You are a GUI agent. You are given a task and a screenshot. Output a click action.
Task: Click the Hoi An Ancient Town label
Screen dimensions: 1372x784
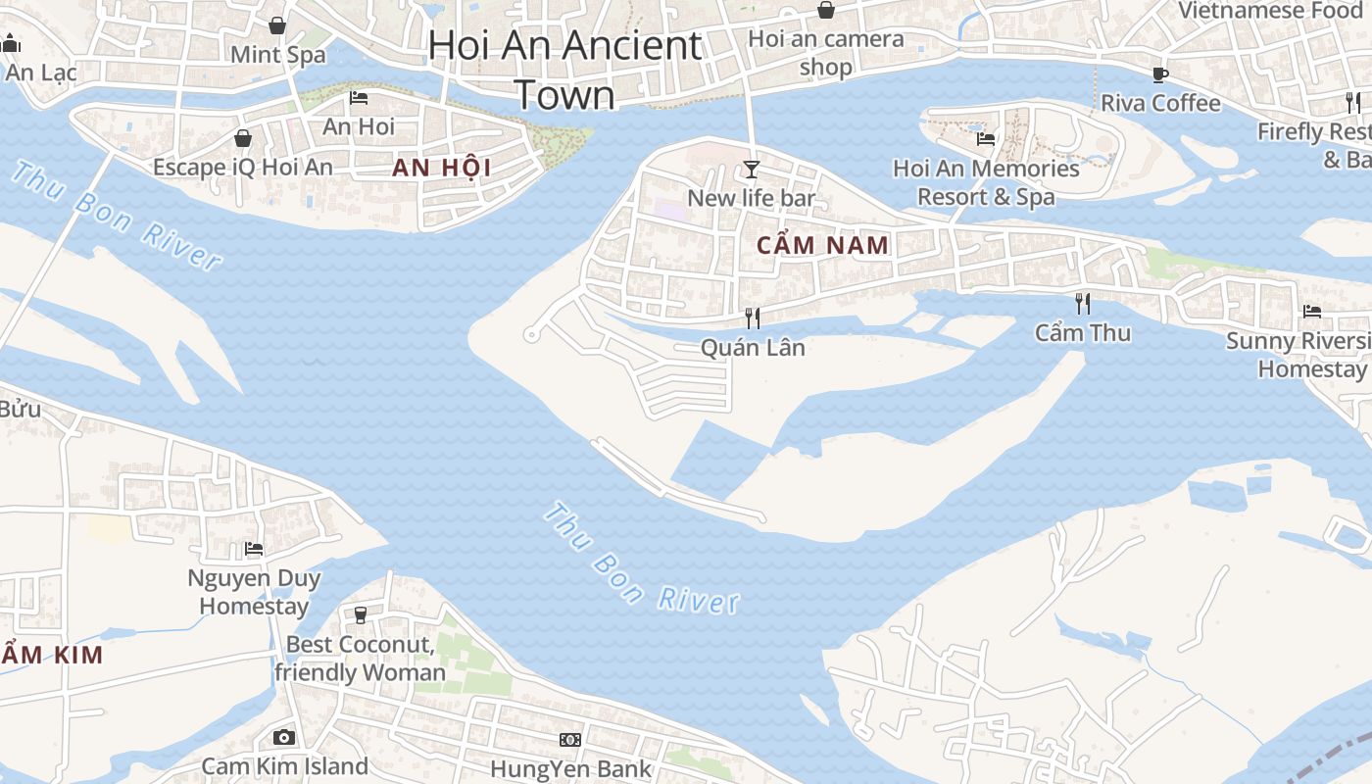(565, 70)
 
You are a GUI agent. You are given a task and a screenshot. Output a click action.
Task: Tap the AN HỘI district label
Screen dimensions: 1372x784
(441, 168)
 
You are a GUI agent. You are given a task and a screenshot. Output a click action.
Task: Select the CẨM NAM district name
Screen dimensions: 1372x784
(823, 245)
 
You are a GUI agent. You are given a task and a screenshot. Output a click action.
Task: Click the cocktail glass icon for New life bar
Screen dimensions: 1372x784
(752, 170)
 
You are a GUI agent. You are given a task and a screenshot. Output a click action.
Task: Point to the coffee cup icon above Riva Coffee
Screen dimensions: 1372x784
(1160, 74)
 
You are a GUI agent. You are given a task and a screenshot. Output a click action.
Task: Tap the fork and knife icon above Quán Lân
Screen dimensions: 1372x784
(753, 318)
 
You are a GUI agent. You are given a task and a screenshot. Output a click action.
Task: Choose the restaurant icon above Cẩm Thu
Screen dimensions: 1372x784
(1083, 303)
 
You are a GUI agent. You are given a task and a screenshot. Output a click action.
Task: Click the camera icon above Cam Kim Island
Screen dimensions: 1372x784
(284, 737)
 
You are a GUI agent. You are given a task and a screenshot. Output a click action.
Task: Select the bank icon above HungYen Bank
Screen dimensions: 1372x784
(570, 739)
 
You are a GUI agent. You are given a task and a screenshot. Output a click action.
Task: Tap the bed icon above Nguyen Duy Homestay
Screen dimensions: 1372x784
(254, 549)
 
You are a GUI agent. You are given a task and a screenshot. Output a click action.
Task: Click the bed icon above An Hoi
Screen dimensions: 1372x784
(359, 98)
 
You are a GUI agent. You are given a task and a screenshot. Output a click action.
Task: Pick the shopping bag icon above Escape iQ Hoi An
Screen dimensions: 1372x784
(243, 138)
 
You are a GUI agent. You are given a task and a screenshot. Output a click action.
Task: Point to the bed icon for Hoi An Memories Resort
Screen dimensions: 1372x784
(986, 139)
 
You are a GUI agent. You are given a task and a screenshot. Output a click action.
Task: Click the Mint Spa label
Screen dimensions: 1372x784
(278, 55)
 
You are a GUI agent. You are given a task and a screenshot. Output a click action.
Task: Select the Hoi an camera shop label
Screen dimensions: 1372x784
(826, 53)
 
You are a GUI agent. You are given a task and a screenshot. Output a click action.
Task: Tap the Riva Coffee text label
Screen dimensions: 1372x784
(1160, 103)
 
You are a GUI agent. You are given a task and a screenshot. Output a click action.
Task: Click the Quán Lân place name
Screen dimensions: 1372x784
(753, 347)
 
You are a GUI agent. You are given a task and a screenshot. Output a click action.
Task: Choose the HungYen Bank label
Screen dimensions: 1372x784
(570, 768)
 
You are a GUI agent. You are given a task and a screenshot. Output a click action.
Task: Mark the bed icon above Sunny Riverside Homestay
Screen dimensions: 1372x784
(1312, 312)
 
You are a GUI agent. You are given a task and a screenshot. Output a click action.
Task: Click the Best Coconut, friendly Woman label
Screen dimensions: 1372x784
(360, 659)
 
